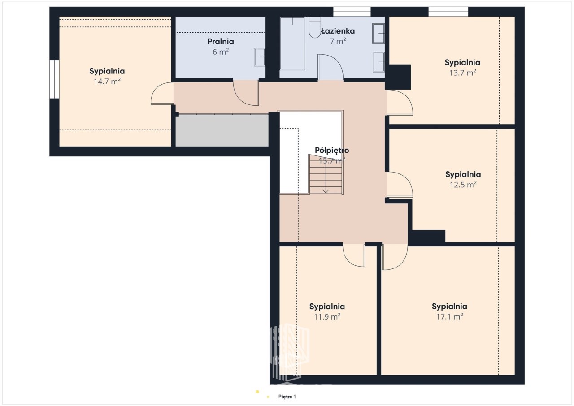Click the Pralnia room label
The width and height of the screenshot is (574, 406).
click(x=221, y=42)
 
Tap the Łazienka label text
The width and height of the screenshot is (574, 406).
click(x=338, y=31)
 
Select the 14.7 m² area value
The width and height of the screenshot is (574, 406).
click(x=107, y=82)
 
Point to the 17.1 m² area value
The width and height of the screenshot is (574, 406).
click(x=450, y=317)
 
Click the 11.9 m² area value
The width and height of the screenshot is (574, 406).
click(x=327, y=317)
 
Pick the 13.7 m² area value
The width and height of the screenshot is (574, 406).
click(x=462, y=73)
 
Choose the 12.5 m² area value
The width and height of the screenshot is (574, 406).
click(x=463, y=185)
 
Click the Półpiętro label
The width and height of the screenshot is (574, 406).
click(x=332, y=150)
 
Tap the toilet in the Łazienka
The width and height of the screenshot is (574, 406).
click(x=315, y=27)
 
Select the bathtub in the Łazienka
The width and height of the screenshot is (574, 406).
click(x=292, y=43)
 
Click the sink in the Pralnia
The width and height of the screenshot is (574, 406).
click(x=260, y=57)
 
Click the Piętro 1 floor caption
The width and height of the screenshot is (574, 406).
click(x=287, y=397)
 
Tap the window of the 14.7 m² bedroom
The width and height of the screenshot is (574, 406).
click(x=54, y=79)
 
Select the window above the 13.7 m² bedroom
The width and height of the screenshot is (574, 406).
click(x=448, y=12)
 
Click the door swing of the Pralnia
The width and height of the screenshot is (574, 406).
click(x=245, y=93)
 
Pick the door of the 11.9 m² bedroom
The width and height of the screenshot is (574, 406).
click(x=354, y=255)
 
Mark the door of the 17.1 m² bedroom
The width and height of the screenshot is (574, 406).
click(x=394, y=257)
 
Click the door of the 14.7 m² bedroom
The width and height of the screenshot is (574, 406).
click(x=162, y=94)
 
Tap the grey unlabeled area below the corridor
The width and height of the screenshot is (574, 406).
click(x=222, y=130)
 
